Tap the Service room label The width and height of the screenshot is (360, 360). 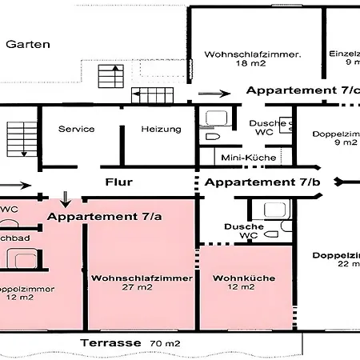click(77, 129)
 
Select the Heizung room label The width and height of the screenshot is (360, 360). click(162, 129)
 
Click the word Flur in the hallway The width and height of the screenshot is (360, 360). click(118, 182)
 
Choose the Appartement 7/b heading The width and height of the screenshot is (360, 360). click(262, 182)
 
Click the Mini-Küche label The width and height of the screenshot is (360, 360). click(249, 158)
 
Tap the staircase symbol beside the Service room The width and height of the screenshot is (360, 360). click(18, 138)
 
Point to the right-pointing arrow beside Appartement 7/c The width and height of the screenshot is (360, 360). click(214, 94)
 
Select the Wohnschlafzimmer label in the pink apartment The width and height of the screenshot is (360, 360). click(142, 278)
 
